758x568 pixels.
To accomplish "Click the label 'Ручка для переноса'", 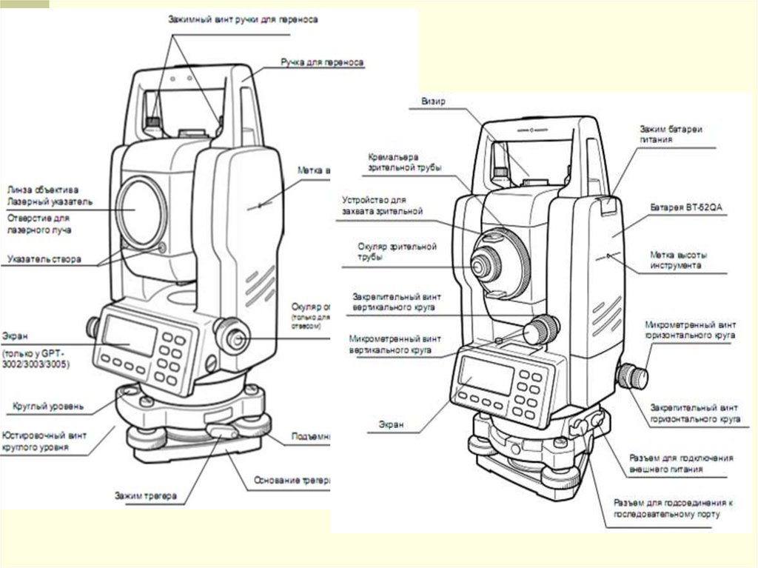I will pyautogui.click(x=321, y=63).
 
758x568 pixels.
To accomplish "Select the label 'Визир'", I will pyautogui.click(x=433, y=101).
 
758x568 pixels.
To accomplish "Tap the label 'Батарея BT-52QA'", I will pyautogui.click(x=685, y=208).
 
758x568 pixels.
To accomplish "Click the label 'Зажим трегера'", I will pyautogui.click(x=145, y=495).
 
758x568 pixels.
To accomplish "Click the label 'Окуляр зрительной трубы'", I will pyautogui.click(x=397, y=251).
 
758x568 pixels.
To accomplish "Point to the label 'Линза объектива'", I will pyautogui.click(x=43, y=190).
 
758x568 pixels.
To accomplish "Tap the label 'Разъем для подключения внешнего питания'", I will pyautogui.click(x=680, y=464).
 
